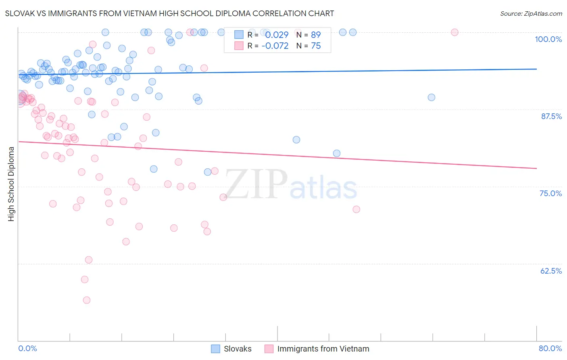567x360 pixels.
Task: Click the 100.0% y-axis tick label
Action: [x=548, y=39]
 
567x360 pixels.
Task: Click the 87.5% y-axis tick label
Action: [x=551, y=116]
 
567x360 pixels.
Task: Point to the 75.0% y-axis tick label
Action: [x=550, y=193]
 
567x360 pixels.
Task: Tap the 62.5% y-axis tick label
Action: [x=551, y=271]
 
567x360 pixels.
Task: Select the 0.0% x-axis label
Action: [x=27, y=348]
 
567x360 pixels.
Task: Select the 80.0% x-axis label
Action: [x=550, y=348]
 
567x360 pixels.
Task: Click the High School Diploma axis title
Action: [x=11, y=184]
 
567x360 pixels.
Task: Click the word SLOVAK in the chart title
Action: [x=19, y=13]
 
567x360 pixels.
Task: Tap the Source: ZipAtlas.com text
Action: [x=531, y=14]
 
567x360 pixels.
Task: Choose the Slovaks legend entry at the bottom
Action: [x=237, y=349]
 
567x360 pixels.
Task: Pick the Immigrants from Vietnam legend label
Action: [x=323, y=349]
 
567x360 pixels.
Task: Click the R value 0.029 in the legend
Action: [x=277, y=35]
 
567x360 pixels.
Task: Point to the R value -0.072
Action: [x=275, y=46]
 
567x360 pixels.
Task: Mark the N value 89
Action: [x=316, y=35]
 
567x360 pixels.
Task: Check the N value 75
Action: [x=316, y=46]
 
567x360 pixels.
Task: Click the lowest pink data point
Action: [x=87, y=300]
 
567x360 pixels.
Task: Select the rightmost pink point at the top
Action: [x=454, y=32]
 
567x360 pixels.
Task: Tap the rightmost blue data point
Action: [x=432, y=97]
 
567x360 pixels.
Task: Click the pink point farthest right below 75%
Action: [x=356, y=209]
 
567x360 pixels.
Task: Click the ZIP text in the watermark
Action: [x=256, y=184]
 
